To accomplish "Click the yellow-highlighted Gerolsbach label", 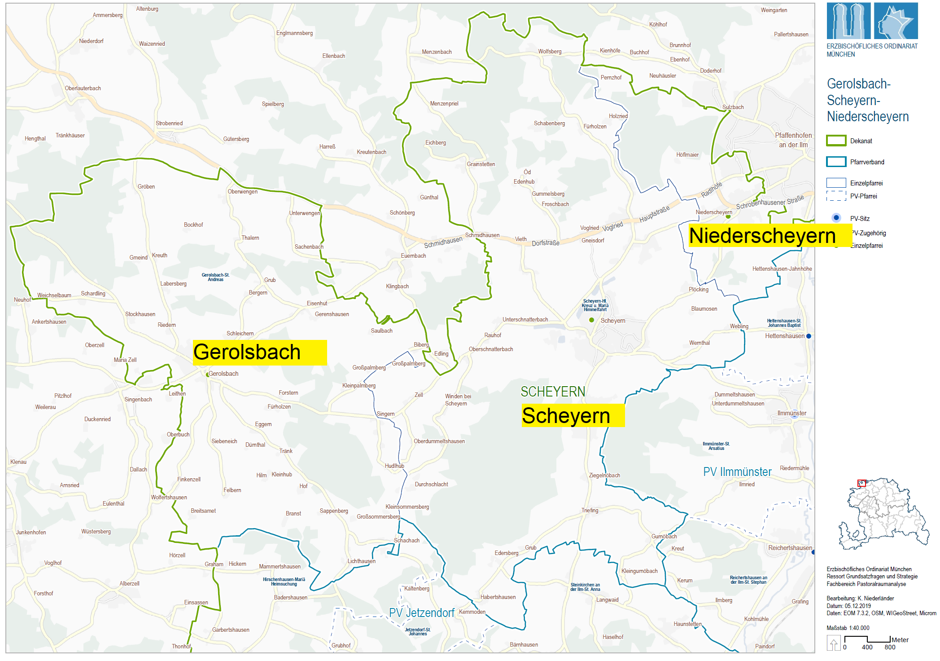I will point(259,352).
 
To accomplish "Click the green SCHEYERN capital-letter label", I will point(552,392).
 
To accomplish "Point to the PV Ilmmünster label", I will point(737,472).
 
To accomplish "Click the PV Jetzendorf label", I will point(421,613).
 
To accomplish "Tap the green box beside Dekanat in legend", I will point(836,141).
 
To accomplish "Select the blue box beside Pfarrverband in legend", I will point(836,162).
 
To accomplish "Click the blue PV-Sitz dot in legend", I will point(836,218).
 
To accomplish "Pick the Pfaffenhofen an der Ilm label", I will point(793,140).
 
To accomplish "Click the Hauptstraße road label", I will point(654,214).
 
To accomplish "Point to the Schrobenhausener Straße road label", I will point(769,203).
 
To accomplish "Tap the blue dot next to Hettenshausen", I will point(809,336).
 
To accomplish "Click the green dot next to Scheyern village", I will point(591,320).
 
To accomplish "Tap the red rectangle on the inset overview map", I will point(861,483).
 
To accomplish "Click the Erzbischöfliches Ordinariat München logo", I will point(872,21).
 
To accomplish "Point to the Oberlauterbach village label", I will point(83,88).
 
